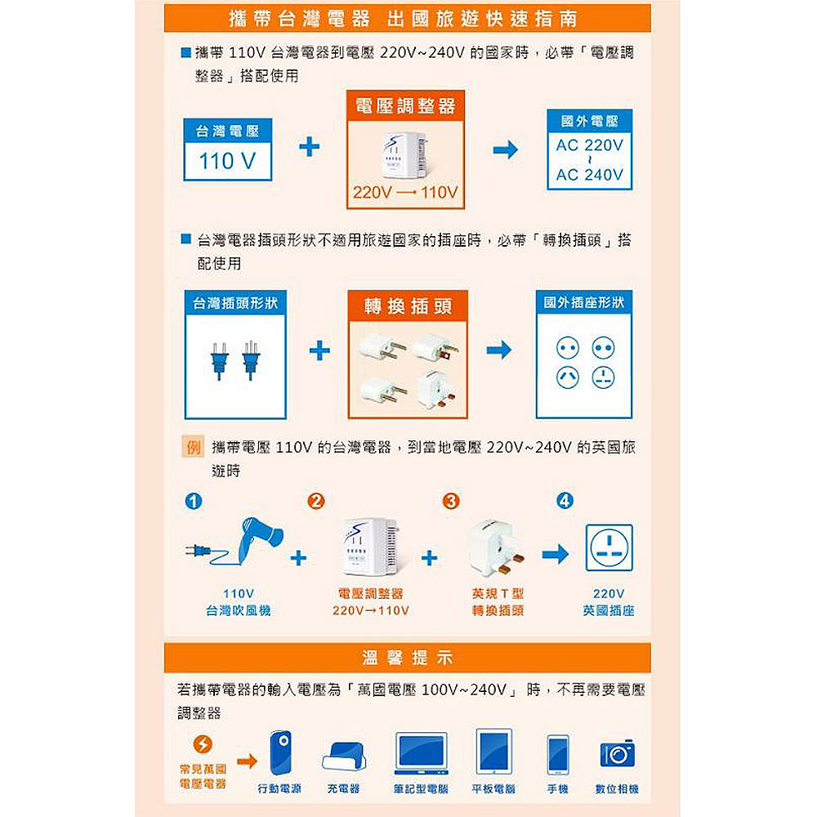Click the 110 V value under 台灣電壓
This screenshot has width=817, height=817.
227,161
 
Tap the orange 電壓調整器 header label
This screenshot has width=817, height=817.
405,105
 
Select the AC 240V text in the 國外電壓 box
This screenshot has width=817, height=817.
589,175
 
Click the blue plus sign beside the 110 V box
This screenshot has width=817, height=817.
309,147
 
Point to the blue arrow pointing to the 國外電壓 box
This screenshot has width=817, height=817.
506,150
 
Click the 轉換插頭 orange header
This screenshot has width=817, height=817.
408,306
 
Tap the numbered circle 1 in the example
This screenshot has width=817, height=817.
194,502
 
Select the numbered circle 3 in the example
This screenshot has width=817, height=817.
451,502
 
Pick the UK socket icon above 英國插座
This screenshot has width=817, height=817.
609,548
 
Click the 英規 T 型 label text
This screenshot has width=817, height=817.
498,593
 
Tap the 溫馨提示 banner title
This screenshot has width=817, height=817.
408,658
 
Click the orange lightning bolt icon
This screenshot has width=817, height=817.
203,744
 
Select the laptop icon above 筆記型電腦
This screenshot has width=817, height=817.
421,753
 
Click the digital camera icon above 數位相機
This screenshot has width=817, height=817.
618,753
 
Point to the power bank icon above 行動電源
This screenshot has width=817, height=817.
280,753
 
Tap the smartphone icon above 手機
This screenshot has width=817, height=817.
557,755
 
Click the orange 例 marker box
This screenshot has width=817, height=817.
193,447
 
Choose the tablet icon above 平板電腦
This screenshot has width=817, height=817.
494,752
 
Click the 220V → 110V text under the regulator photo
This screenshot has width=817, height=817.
405,193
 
